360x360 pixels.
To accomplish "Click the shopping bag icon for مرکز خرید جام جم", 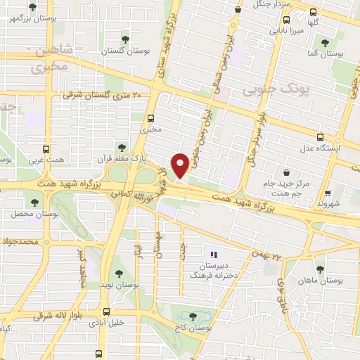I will pyautogui.click(x=287, y=172).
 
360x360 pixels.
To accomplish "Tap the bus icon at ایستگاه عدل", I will pyautogui.click(x=321, y=137).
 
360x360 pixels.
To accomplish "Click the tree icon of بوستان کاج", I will pyautogui.click(x=195, y=317).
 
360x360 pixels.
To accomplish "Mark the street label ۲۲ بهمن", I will pyautogui.click(x=268, y=255).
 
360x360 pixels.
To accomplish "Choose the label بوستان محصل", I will pyautogui.click(x=27, y=212).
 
